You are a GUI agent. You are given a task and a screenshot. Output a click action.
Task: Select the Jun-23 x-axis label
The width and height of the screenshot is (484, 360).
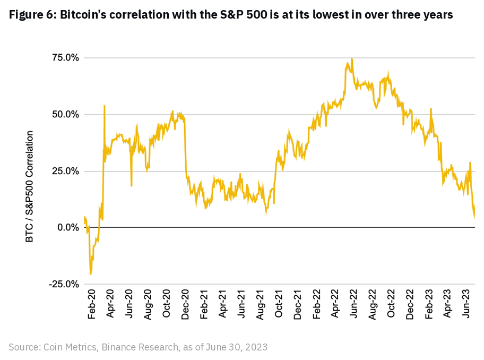pyautogui.click(x=466, y=304)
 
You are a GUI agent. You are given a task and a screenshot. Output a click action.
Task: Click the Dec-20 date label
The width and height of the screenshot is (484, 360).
pyautogui.click(x=186, y=304)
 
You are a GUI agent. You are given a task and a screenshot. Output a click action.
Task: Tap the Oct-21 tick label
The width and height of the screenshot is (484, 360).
pyautogui.click(x=279, y=304)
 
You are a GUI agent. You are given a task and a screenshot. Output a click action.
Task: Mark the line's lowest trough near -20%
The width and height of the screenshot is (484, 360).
pyautogui.click(x=91, y=274)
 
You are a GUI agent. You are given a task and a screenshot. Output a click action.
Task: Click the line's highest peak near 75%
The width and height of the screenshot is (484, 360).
pyautogui.click(x=351, y=58)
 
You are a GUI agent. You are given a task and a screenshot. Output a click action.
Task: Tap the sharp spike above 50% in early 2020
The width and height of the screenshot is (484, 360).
pyautogui.click(x=104, y=106)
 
